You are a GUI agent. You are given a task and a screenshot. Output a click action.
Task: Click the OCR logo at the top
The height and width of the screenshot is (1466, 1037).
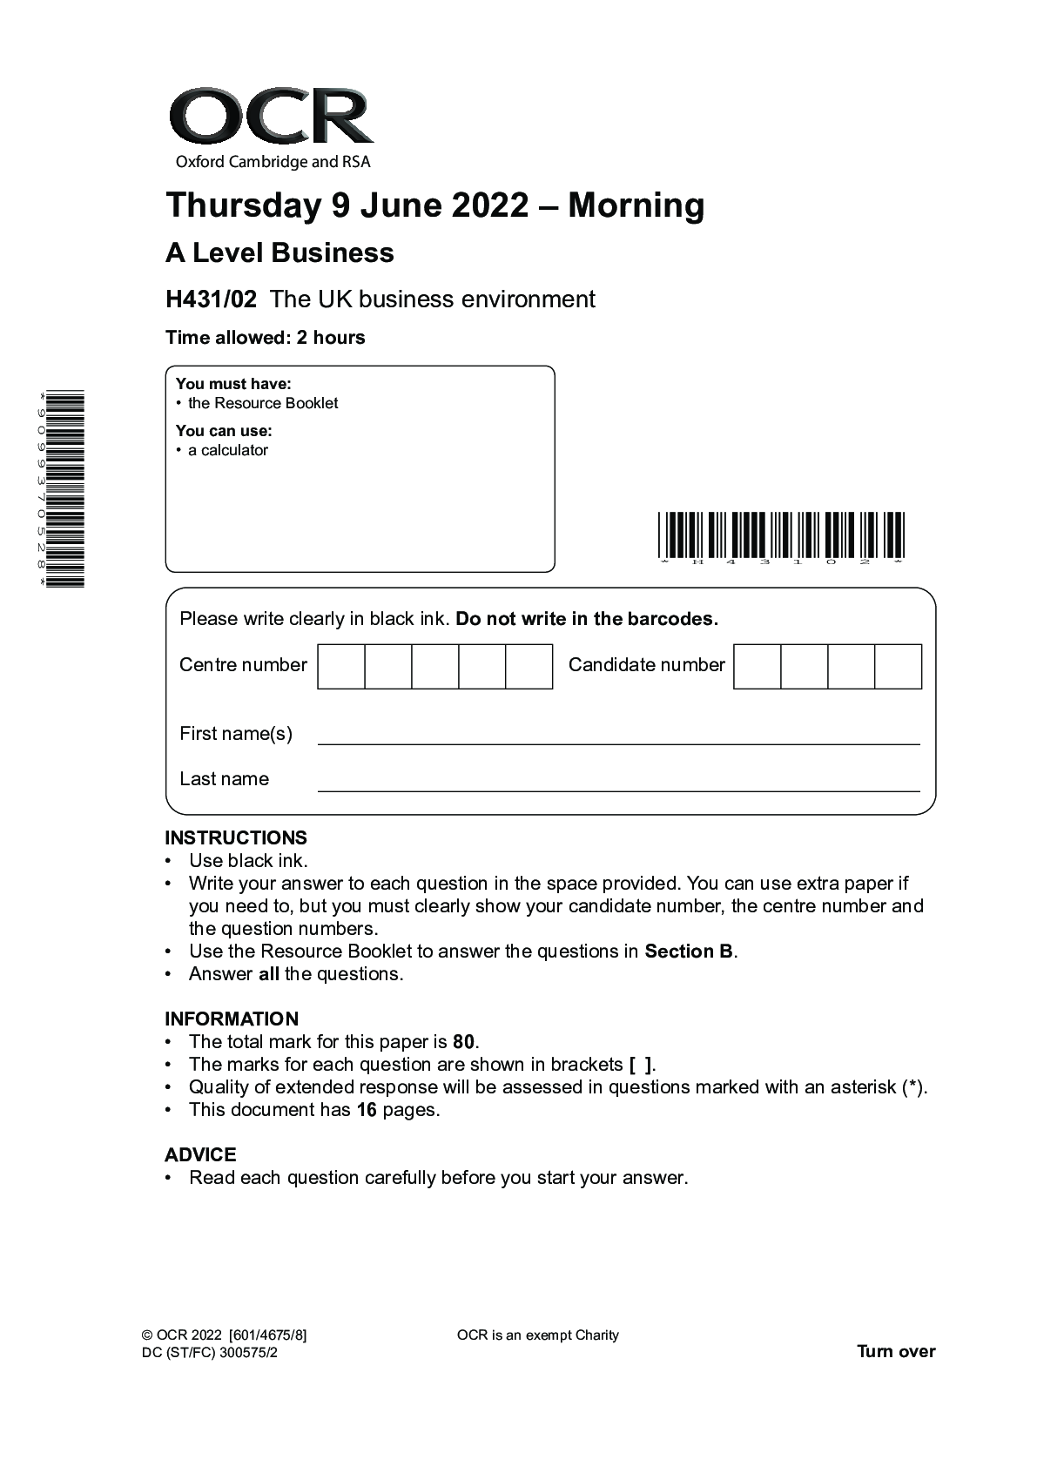tap(271, 127)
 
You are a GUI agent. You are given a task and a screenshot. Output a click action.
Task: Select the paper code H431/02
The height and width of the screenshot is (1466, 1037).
tap(211, 299)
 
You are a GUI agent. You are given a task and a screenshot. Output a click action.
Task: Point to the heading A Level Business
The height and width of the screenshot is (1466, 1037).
tap(279, 253)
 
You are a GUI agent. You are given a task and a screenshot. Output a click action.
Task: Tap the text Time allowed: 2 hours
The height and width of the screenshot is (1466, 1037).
tap(266, 338)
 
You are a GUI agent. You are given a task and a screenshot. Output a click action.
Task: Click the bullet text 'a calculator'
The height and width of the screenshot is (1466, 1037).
tap(228, 450)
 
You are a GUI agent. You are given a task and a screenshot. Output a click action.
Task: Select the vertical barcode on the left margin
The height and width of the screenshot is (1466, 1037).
tap(65, 488)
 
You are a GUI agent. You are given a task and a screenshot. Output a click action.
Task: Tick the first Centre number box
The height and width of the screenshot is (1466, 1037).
tap(341, 667)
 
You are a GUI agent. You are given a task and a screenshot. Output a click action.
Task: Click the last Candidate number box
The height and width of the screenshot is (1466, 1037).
tap(898, 667)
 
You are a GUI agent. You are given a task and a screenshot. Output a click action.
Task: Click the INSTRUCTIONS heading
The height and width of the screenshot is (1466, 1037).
tap(236, 838)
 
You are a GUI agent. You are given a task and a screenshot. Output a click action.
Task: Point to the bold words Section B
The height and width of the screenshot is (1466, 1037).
tap(689, 952)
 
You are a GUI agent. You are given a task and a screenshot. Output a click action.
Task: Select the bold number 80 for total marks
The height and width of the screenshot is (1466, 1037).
tap(464, 1042)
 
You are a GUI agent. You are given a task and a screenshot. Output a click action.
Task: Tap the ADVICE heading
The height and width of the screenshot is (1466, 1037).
tap(200, 1155)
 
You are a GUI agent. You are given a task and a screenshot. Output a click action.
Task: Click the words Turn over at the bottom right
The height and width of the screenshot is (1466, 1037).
tap(896, 1352)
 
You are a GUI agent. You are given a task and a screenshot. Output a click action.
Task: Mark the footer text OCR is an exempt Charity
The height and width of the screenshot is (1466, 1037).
tap(537, 1335)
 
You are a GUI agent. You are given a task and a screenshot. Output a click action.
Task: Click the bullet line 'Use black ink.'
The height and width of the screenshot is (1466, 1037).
tap(248, 861)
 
